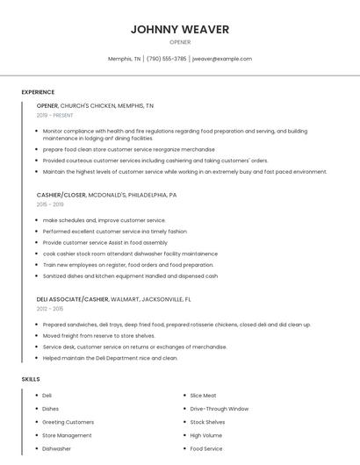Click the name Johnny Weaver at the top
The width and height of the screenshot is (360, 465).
[179, 29]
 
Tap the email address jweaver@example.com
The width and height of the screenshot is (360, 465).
[221, 59]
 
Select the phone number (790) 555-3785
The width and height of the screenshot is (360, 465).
[166, 59]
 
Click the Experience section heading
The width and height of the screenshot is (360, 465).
[38, 92]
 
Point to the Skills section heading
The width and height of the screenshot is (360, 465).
[31, 379]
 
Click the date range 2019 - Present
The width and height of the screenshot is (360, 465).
[54, 115]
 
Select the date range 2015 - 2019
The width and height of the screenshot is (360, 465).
[49, 204]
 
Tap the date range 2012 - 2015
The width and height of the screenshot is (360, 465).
[49, 309]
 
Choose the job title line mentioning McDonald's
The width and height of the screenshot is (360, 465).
[106, 195]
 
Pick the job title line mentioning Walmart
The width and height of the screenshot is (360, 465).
[113, 298]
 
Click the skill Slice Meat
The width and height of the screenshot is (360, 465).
[204, 396]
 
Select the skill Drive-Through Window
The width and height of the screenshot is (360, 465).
[219, 409]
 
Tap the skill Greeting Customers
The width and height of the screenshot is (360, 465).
[68, 422]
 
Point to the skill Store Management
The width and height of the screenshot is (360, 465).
[67, 435]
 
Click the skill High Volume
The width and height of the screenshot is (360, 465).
[205, 435]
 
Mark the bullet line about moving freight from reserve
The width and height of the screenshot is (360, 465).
[98, 335]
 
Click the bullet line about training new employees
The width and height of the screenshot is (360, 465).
[127, 264]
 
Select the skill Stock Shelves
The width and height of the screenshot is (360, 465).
[207, 422]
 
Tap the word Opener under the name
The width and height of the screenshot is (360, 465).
[179, 42]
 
